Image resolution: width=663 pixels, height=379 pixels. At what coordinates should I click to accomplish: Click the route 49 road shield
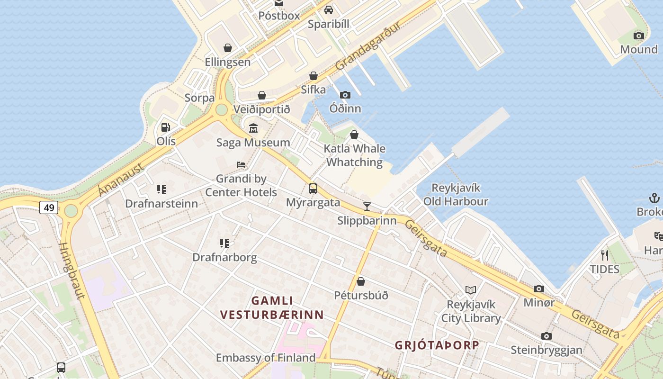49,207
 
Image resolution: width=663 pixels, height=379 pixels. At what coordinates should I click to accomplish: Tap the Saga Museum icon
253,128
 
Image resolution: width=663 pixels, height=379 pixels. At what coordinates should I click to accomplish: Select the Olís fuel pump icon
165,127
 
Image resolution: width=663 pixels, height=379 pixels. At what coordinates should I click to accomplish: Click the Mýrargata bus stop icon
313,188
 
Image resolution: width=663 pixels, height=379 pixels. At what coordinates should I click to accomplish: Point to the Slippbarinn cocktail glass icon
367,206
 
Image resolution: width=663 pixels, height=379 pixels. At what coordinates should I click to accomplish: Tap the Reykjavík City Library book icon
470,290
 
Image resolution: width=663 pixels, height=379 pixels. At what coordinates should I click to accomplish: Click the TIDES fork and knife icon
604,255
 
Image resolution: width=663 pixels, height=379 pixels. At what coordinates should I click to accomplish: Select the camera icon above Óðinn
345,95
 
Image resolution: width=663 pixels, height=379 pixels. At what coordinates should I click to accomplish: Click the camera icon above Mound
639,36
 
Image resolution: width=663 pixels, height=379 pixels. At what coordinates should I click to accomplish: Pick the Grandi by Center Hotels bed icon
241,165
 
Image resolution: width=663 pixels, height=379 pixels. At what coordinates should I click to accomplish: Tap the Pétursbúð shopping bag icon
361,281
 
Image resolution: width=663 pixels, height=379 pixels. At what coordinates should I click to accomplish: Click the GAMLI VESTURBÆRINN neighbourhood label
272,307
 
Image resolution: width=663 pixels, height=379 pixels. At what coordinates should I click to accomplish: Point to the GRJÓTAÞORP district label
437,345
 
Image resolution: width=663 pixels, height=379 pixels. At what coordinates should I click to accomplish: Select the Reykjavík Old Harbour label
456,195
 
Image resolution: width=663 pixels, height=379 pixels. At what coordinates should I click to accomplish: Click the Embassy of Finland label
266,357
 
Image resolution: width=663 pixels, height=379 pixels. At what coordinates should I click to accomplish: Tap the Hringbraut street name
72,271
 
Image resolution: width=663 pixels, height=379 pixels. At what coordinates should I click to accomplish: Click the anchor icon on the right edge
654,198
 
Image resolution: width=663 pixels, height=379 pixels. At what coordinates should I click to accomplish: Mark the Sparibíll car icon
329,10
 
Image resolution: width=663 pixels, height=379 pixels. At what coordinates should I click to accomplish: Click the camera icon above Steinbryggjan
547,336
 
